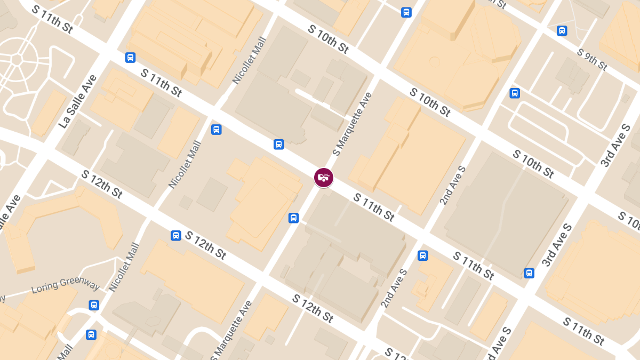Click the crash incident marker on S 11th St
pos(323,178)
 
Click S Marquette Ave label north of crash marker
pos(352,124)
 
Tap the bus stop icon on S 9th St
pos(562,31)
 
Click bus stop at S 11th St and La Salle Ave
pos(130,58)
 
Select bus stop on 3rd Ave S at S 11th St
pos(529,273)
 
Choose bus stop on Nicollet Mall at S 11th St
pos(216,130)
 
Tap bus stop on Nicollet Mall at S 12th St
pos(175,235)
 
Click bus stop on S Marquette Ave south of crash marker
pos(293,218)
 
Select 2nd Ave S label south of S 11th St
pos(394,288)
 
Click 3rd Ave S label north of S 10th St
pos(615,146)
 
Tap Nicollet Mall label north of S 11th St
pos(249,60)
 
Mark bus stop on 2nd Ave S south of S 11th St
pos(423,255)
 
